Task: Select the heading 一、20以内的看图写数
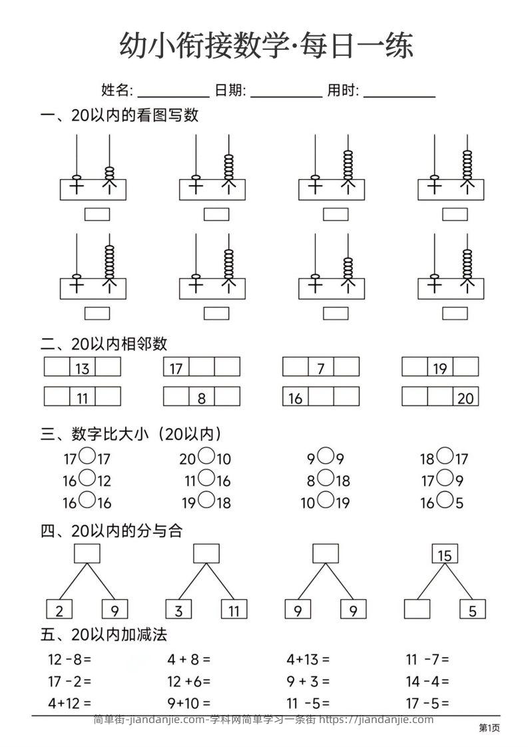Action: coord(120,116)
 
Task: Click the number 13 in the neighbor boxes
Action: coord(83,368)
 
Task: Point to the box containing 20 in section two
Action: coord(466,397)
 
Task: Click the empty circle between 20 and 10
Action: coord(206,457)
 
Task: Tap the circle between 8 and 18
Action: coord(325,479)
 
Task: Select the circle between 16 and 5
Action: coord(445,501)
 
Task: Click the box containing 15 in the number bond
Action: coord(445,554)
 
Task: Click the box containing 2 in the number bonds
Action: coord(59,610)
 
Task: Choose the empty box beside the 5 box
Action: coord(417,610)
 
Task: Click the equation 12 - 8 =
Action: coord(69,660)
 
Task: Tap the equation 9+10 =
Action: coord(189,702)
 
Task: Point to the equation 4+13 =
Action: coord(308,660)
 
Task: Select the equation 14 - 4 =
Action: coord(427,681)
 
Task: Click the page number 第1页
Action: coord(489,728)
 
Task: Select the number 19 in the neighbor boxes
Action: coord(440,368)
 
